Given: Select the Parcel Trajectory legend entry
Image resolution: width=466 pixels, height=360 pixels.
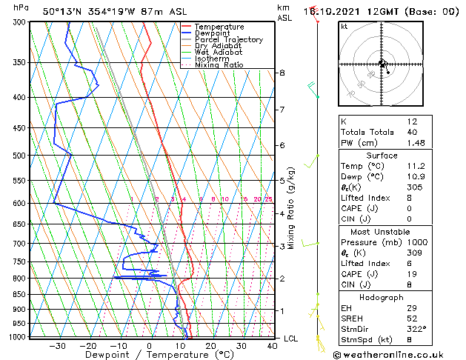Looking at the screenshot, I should [x=228, y=40].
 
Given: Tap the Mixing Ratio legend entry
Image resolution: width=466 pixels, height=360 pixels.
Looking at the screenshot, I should [x=219, y=65].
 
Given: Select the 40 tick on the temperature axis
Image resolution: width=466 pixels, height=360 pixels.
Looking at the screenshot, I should [x=273, y=345].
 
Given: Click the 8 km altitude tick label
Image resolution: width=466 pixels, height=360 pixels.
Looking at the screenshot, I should [x=282, y=73].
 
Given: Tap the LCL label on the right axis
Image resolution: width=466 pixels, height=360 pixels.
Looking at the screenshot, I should [x=291, y=339].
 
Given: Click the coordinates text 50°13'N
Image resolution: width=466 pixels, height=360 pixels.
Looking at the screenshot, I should [x=64, y=11].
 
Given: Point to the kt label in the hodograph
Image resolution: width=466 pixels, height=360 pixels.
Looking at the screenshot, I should [x=344, y=26].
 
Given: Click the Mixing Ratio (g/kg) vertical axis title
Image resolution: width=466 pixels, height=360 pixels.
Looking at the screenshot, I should [x=292, y=208].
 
